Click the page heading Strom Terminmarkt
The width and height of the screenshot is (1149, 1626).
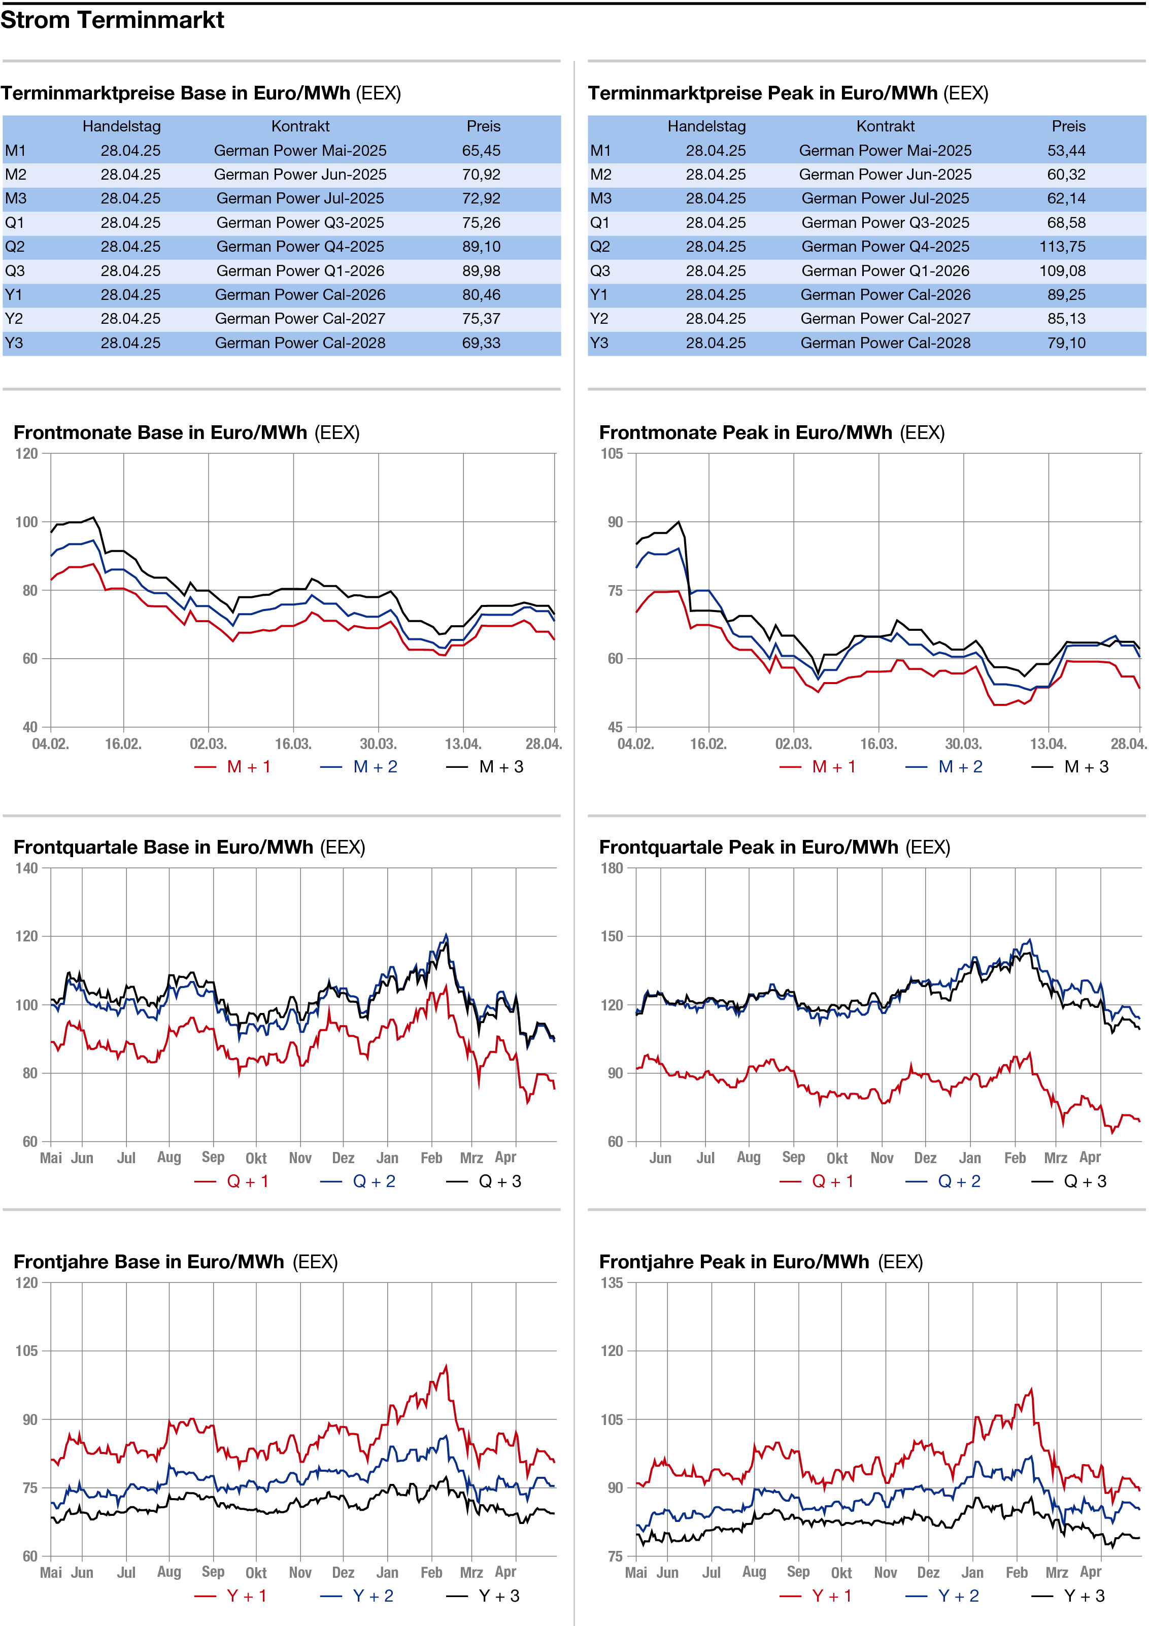pyautogui.click(x=112, y=20)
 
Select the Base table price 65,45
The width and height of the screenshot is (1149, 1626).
pyautogui.click(x=481, y=151)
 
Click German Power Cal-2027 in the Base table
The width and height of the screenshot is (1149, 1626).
pyautogui.click(x=300, y=319)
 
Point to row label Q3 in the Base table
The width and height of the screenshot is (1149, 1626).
pyautogui.click(x=14, y=271)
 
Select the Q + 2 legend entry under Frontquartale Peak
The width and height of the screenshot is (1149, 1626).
pyautogui.click(x=944, y=1182)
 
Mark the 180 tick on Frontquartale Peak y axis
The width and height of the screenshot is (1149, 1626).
pyautogui.click(x=612, y=868)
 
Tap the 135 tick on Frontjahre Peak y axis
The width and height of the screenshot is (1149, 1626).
pyautogui.click(x=612, y=1282)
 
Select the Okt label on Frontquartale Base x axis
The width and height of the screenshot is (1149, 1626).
pyautogui.click(x=256, y=1159)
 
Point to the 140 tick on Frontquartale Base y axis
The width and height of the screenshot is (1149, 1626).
pyautogui.click(x=26, y=868)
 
